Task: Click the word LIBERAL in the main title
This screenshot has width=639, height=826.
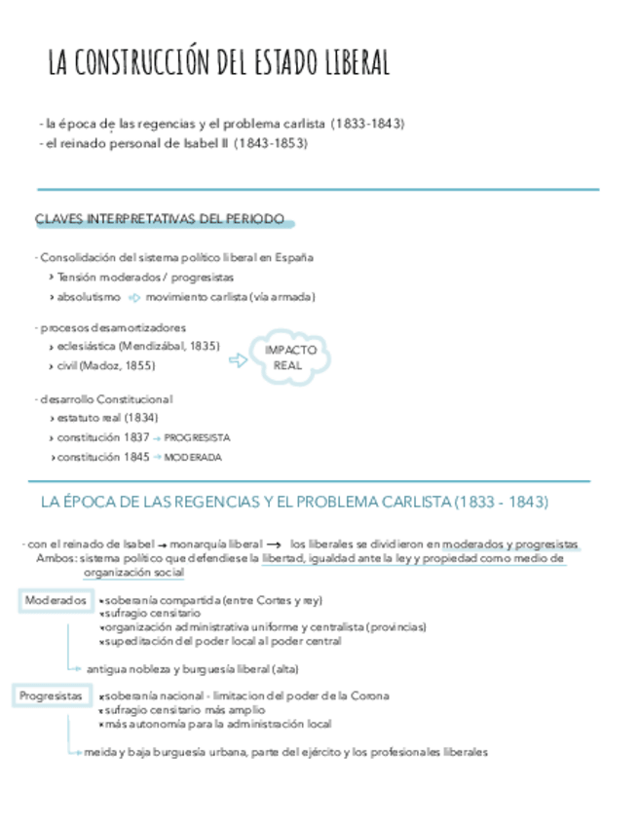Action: [352, 63]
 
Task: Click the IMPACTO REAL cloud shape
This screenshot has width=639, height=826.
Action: [291, 357]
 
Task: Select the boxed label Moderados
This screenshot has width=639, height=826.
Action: [56, 600]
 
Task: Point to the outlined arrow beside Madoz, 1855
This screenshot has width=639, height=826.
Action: [237, 361]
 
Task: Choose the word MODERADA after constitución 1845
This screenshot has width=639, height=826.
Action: [193, 457]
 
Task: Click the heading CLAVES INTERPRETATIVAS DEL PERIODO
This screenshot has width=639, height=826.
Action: [160, 220]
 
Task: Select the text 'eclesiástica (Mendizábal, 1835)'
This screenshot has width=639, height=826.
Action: [137, 346]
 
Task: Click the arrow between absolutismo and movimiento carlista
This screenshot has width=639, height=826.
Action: [133, 297]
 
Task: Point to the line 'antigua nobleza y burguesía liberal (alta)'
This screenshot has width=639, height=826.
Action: [192, 668]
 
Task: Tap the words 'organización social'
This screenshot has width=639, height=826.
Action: [133, 573]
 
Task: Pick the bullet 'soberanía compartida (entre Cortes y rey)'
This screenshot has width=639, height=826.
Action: [212, 600]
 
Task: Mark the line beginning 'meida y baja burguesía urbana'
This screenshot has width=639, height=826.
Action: [284, 752]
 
